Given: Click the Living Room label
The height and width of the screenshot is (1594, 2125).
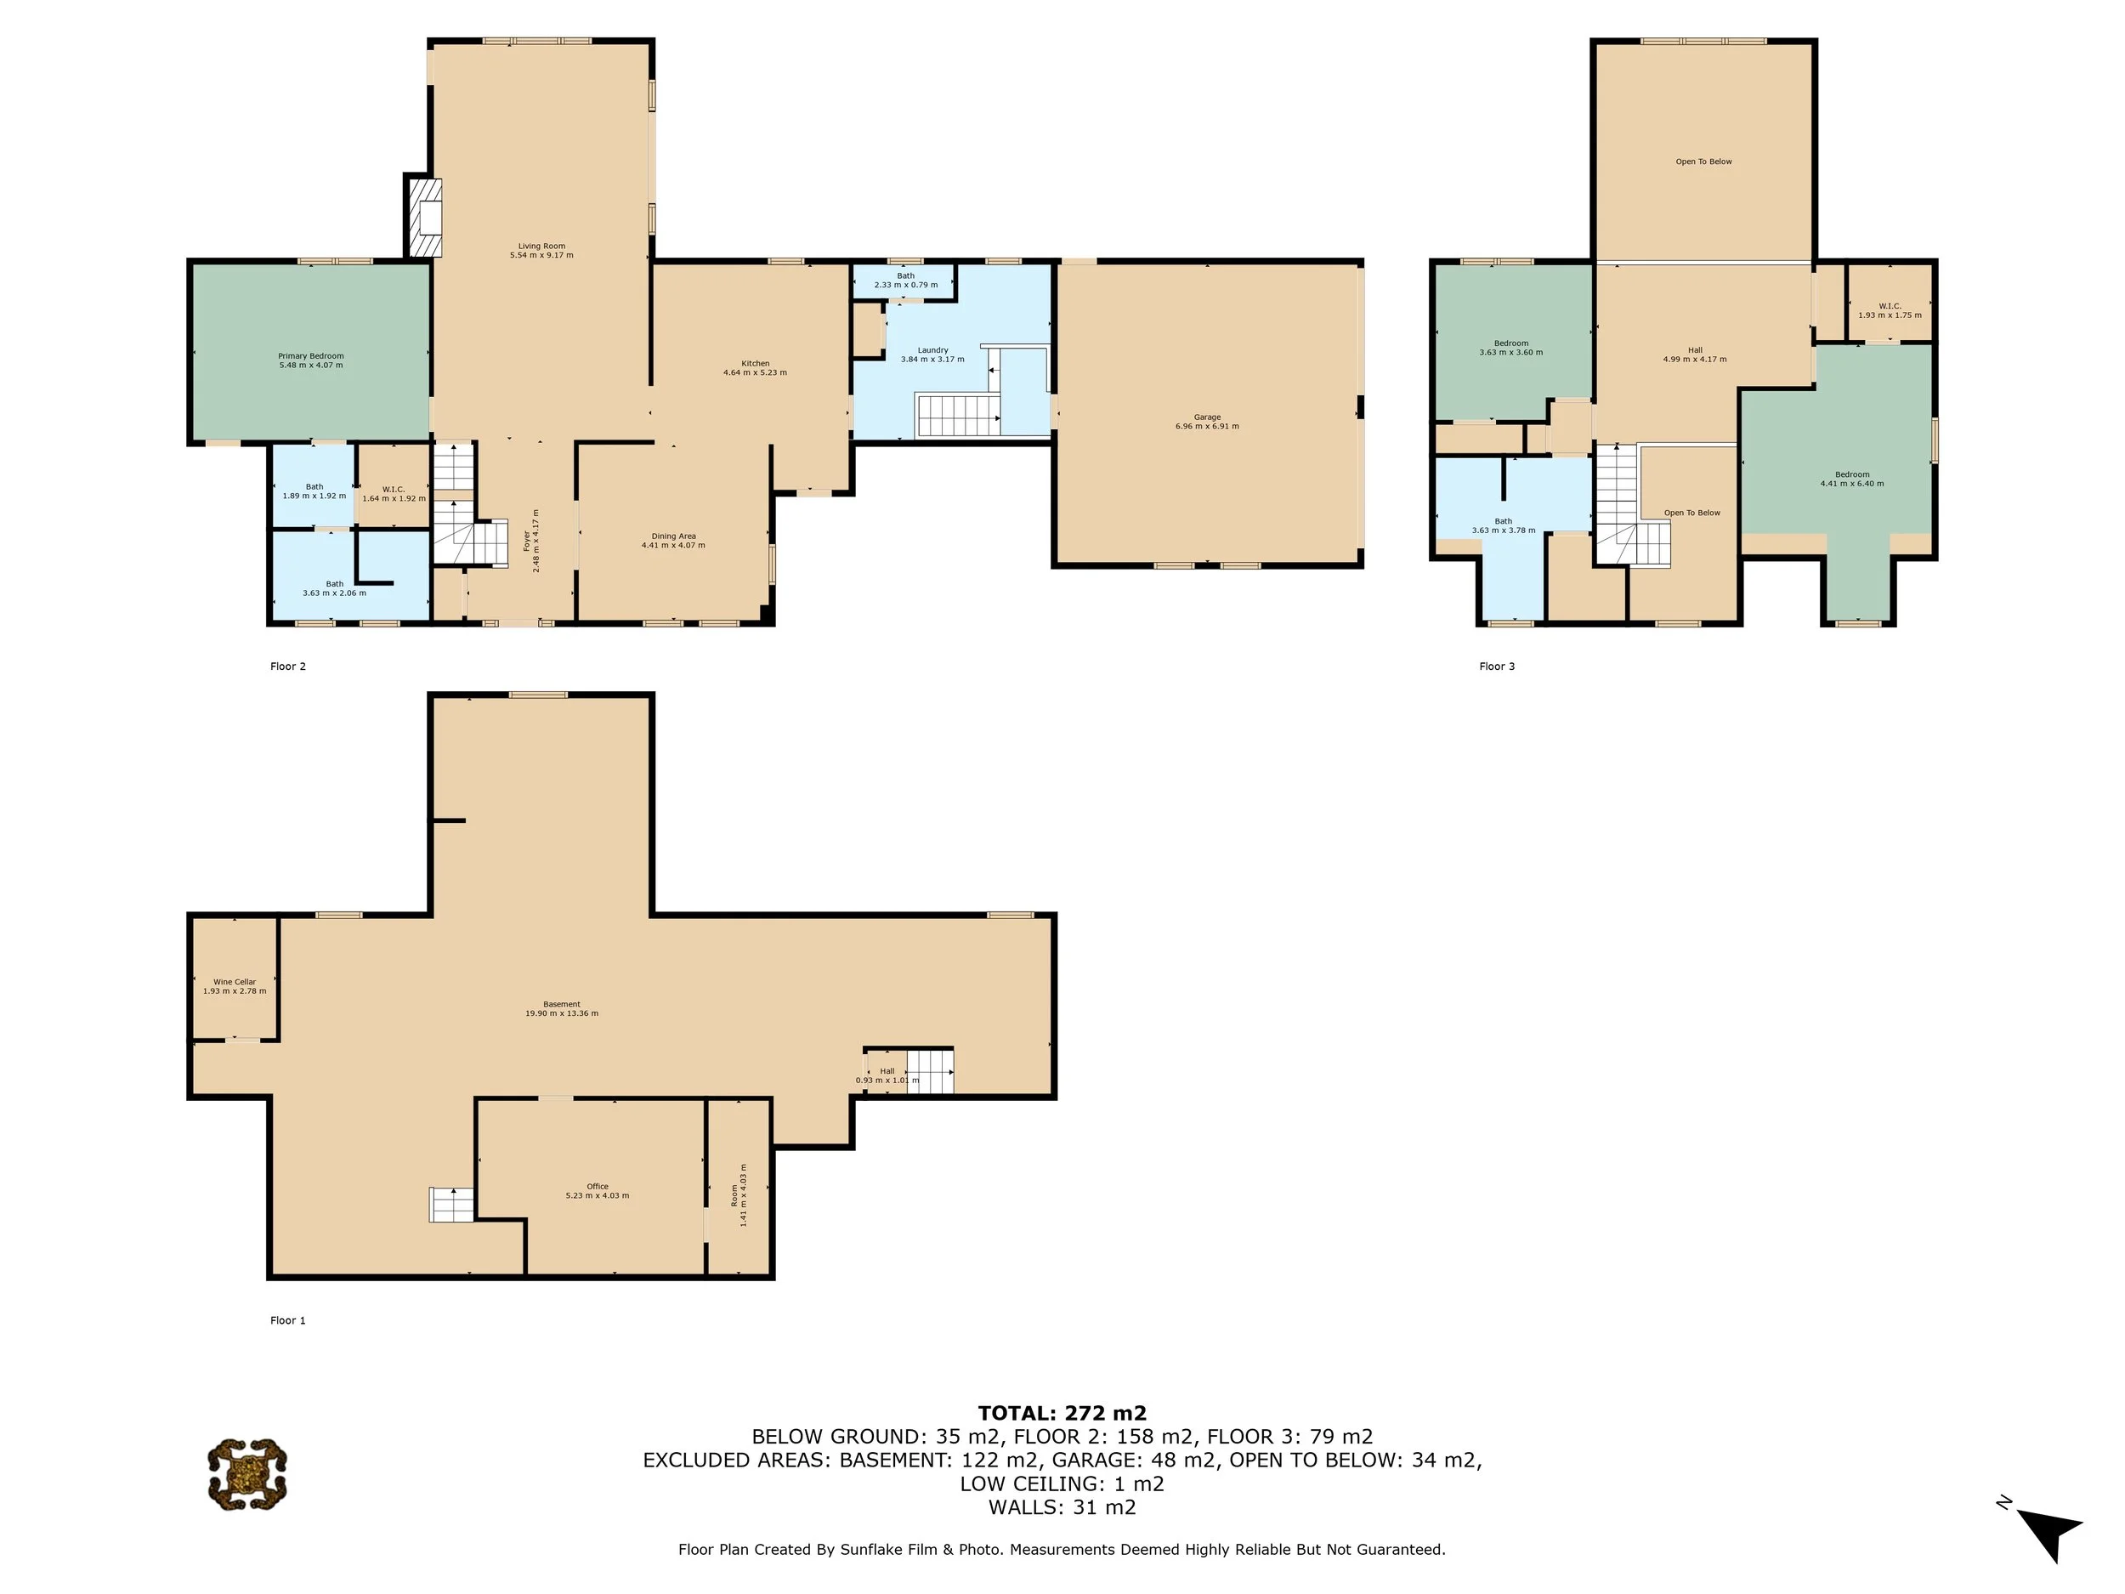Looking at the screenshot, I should (541, 251).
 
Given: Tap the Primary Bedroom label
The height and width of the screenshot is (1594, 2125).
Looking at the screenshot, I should (310, 360).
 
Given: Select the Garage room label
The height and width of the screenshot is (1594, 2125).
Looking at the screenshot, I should (1207, 422).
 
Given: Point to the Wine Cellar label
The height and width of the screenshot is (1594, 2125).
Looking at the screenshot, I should (235, 986).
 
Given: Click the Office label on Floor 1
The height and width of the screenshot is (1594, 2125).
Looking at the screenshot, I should (597, 1190).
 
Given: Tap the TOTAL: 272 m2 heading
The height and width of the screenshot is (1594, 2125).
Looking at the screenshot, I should (1062, 1412).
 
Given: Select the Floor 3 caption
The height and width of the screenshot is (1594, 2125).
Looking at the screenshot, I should (1496, 666).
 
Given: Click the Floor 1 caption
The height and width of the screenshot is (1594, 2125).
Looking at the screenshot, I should (287, 1320).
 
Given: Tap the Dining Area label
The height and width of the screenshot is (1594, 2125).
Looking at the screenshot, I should (672, 540).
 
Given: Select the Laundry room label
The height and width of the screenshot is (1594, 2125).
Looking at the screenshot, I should (932, 355).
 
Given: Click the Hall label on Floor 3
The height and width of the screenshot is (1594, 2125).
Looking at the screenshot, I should (1694, 355).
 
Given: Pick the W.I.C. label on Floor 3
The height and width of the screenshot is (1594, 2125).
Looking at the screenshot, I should (1889, 310).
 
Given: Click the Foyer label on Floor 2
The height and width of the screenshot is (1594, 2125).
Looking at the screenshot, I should (530, 541).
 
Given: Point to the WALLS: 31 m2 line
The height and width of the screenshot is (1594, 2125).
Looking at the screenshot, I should (1062, 1506).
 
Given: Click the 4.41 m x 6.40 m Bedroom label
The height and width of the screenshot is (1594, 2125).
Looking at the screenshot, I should (1851, 479).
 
